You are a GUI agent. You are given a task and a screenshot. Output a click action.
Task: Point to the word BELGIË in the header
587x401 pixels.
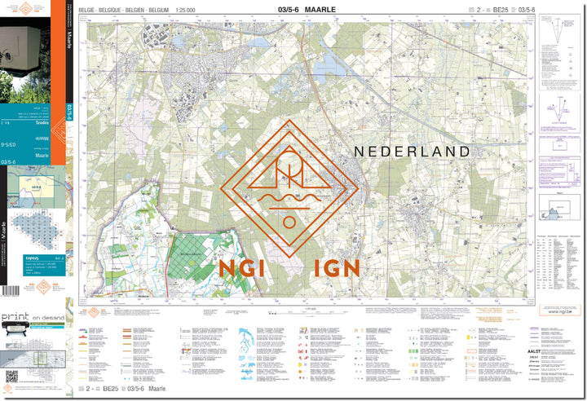(99, 10)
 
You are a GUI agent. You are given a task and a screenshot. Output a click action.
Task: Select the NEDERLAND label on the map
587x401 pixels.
(412, 152)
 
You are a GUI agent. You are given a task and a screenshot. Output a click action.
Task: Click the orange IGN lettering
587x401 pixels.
(333, 268)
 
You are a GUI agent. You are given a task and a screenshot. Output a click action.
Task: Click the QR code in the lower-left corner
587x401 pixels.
(11, 376)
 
